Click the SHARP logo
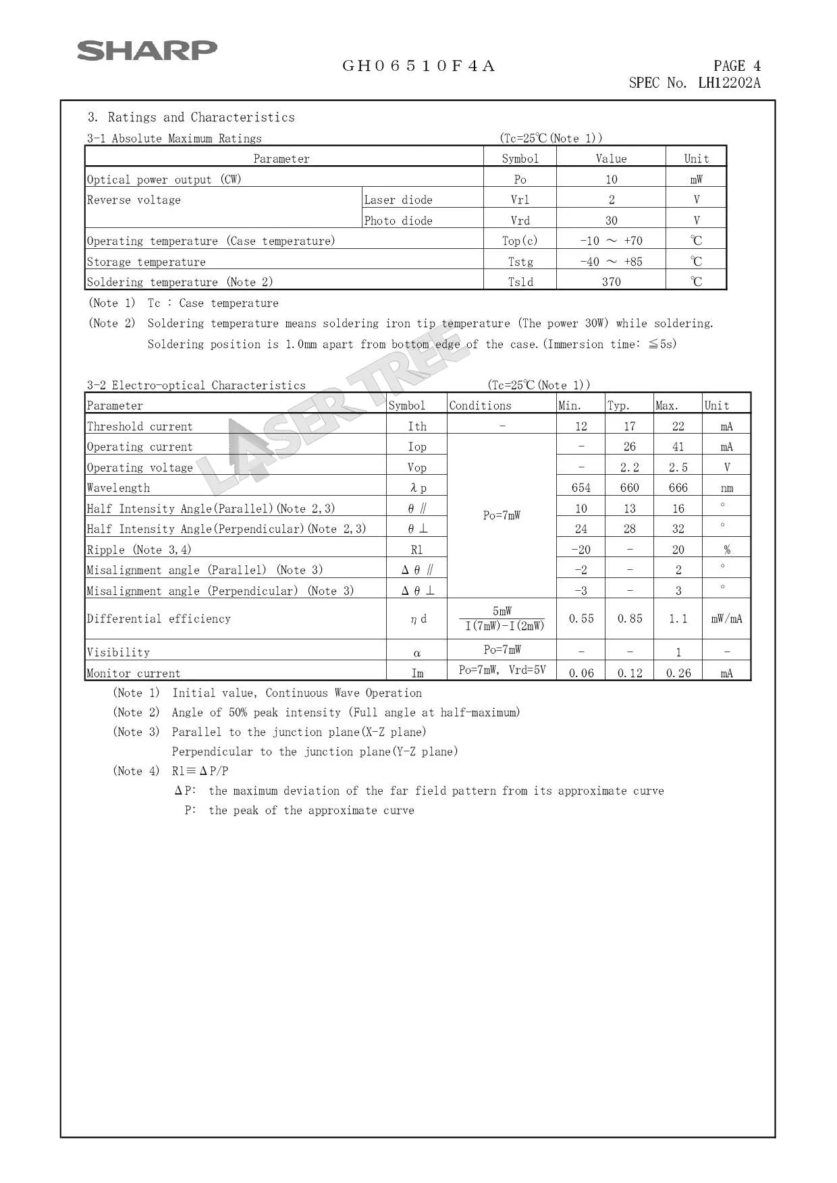(x=147, y=51)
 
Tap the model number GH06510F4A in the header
(x=418, y=66)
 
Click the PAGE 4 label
(x=737, y=66)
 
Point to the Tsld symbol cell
(x=520, y=282)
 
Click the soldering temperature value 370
(x=611, y=282)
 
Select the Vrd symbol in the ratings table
(x=520, y=221)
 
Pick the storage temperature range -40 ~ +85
(x=611, y=262)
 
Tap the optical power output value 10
(x=611, y=179)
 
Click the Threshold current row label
(x=140, y=426)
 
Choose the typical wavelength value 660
(x=629, y=488)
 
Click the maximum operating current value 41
(x=678, y=446)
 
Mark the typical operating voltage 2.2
(x=629, y=467)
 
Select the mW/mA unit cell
(x=726, y=618)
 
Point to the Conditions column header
(x=480, y=405)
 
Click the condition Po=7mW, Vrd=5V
(x=502, y=670)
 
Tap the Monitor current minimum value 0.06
(x=581, y=673)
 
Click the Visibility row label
(x=118, y=652)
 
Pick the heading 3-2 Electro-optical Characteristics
(x=196, y=385)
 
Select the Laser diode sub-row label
(x=398, y=200)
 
